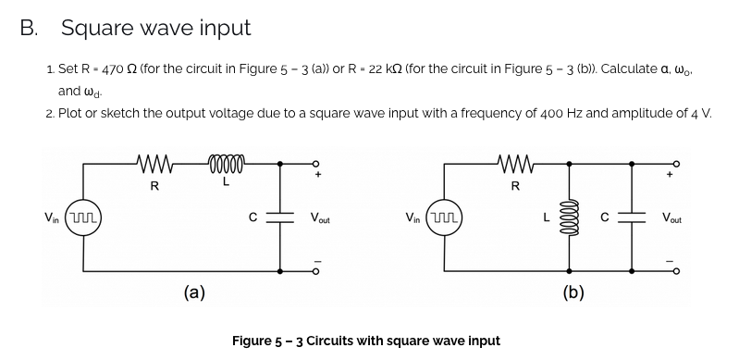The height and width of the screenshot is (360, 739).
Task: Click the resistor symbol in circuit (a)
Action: [x=154, y=168]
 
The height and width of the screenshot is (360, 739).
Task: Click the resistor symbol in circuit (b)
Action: [x=513, y=168]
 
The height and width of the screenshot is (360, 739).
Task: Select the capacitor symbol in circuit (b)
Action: [x=634, y=218]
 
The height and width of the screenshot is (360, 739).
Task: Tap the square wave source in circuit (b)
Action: [x=447, y=218]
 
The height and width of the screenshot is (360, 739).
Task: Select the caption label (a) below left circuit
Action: [x=194, y=293]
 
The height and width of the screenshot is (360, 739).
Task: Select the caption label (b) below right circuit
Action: [x=573, y=293]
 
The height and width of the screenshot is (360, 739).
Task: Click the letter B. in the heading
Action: [x=31, y=28]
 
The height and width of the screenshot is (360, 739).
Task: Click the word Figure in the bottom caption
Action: [x=256, y=341]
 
